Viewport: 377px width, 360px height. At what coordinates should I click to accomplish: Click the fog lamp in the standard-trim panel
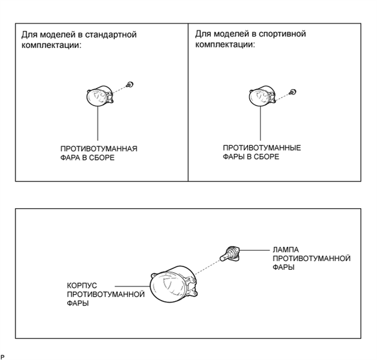click(x=99, y=96)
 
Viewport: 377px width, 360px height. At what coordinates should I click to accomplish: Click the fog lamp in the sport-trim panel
click(x=262, y=96)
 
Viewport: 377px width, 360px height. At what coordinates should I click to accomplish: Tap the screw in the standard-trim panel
click(x=130, y=85)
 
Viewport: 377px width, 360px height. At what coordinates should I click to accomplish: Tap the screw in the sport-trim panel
click(x=293, y=92)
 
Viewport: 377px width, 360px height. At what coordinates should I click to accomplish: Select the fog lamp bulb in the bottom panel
click(x=230, y=254)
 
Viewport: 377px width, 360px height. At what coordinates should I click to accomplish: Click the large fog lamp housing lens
click(x=174, y=284)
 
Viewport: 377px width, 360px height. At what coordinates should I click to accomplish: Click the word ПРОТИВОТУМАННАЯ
click(x=99, y=149)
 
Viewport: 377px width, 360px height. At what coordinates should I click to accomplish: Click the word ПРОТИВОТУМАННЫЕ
click(x=262, y=148)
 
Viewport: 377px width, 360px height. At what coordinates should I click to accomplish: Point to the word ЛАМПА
click(x=286, y=250)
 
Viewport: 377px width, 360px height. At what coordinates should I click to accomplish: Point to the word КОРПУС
click(x=82, y=286)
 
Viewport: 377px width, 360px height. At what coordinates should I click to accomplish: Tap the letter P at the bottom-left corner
click(x=2, y=357)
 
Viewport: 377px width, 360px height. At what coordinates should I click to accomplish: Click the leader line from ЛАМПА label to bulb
click(x=255, y=250)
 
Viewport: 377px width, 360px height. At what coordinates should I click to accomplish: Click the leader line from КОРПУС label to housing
click(x=132, y=286)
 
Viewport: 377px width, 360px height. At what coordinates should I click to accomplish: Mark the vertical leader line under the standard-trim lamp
click(x=98, y=123)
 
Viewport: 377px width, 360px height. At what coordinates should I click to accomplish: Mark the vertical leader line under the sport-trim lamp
click(x=261, y=123)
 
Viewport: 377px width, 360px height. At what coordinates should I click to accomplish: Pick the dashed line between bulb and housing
click(x=208, y=267)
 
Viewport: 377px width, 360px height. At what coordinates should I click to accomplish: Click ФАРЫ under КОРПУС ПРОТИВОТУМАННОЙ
click(x=78, y=303)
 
